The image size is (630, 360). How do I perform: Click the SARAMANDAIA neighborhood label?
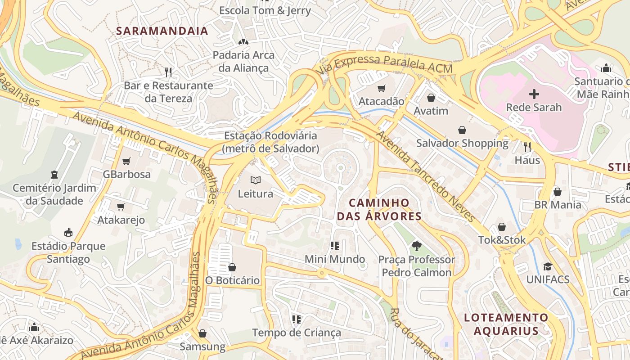(x=162, y=31)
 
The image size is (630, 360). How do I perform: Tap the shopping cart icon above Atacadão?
(x=382, y=88)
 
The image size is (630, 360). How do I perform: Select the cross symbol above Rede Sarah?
(x=534, y=94)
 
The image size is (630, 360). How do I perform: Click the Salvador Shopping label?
(x=462, y=143)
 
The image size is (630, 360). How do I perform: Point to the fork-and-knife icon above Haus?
(x=527, y=147)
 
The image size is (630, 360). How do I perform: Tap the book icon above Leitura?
(x=256, y=180)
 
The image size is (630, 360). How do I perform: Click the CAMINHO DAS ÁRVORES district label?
(x=379, y=209)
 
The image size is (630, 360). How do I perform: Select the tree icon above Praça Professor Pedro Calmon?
(x=416, y=246)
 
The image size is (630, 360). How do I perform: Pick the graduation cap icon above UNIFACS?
(x=548, y=266)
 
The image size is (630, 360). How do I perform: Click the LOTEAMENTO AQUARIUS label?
(x=506, y=324)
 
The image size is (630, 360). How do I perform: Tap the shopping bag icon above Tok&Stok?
(x=502, y=227)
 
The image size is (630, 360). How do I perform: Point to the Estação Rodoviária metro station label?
(x=270, y=142)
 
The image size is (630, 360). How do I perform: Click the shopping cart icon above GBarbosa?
(x=126, y=161)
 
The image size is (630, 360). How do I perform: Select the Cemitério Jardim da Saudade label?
(x=54, y=194)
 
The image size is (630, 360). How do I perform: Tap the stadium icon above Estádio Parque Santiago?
(x=68, y=233)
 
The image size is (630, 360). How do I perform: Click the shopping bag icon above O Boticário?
(x=232, y=267)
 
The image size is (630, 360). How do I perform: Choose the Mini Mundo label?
(x=335, y=259)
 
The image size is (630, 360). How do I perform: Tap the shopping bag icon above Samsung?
(x=202, y=333)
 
